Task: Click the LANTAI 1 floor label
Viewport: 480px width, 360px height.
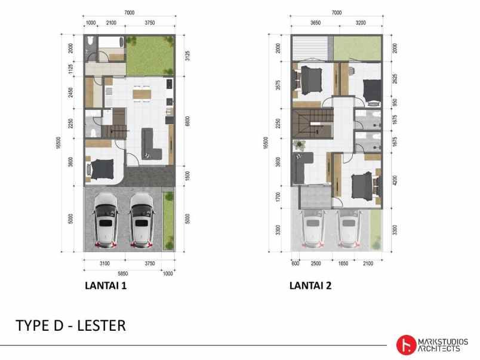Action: tap(106, 286)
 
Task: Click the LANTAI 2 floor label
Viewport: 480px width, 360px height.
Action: tap(310, 286)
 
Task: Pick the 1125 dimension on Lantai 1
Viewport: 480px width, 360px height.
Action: tap(70, 70)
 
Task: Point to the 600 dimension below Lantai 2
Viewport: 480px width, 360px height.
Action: tap(296, 263)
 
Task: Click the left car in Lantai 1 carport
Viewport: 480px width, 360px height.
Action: tap(105, 220)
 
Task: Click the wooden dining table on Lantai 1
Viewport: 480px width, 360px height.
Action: tap(141, 93)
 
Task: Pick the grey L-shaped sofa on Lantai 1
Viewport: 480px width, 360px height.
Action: tap(149, 143)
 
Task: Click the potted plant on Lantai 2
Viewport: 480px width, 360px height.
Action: tap(299, 144)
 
